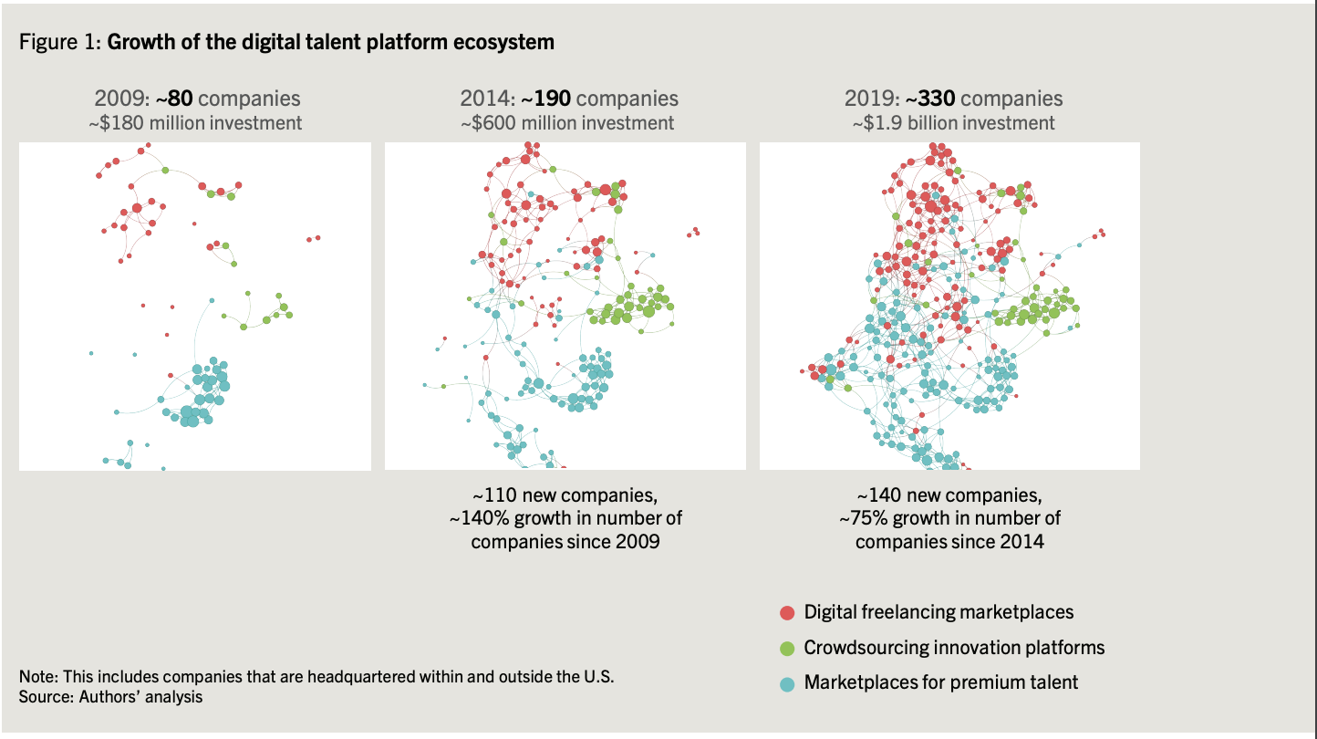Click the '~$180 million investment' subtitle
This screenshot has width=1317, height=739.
tap(195, 122)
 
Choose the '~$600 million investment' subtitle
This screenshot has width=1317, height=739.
tap(566, 122)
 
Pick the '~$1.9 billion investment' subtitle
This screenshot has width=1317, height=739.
tap(953, 122)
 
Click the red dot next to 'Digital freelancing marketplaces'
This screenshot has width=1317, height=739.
tap(787, 613)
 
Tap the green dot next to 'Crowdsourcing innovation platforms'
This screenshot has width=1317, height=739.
tap(787, 648)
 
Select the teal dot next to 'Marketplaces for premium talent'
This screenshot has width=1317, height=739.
tap(787, 682)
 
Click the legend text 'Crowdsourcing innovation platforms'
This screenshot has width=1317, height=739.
tap(954, 648)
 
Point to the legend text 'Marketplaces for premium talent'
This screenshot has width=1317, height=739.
tap(941, 682)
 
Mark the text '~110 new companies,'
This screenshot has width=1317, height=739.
tap(565, 495)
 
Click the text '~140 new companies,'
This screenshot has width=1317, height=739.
tap(949, 495)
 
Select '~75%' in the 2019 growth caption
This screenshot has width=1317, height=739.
tap(863, 518)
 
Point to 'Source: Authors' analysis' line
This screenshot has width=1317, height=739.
tap(110, 697)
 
